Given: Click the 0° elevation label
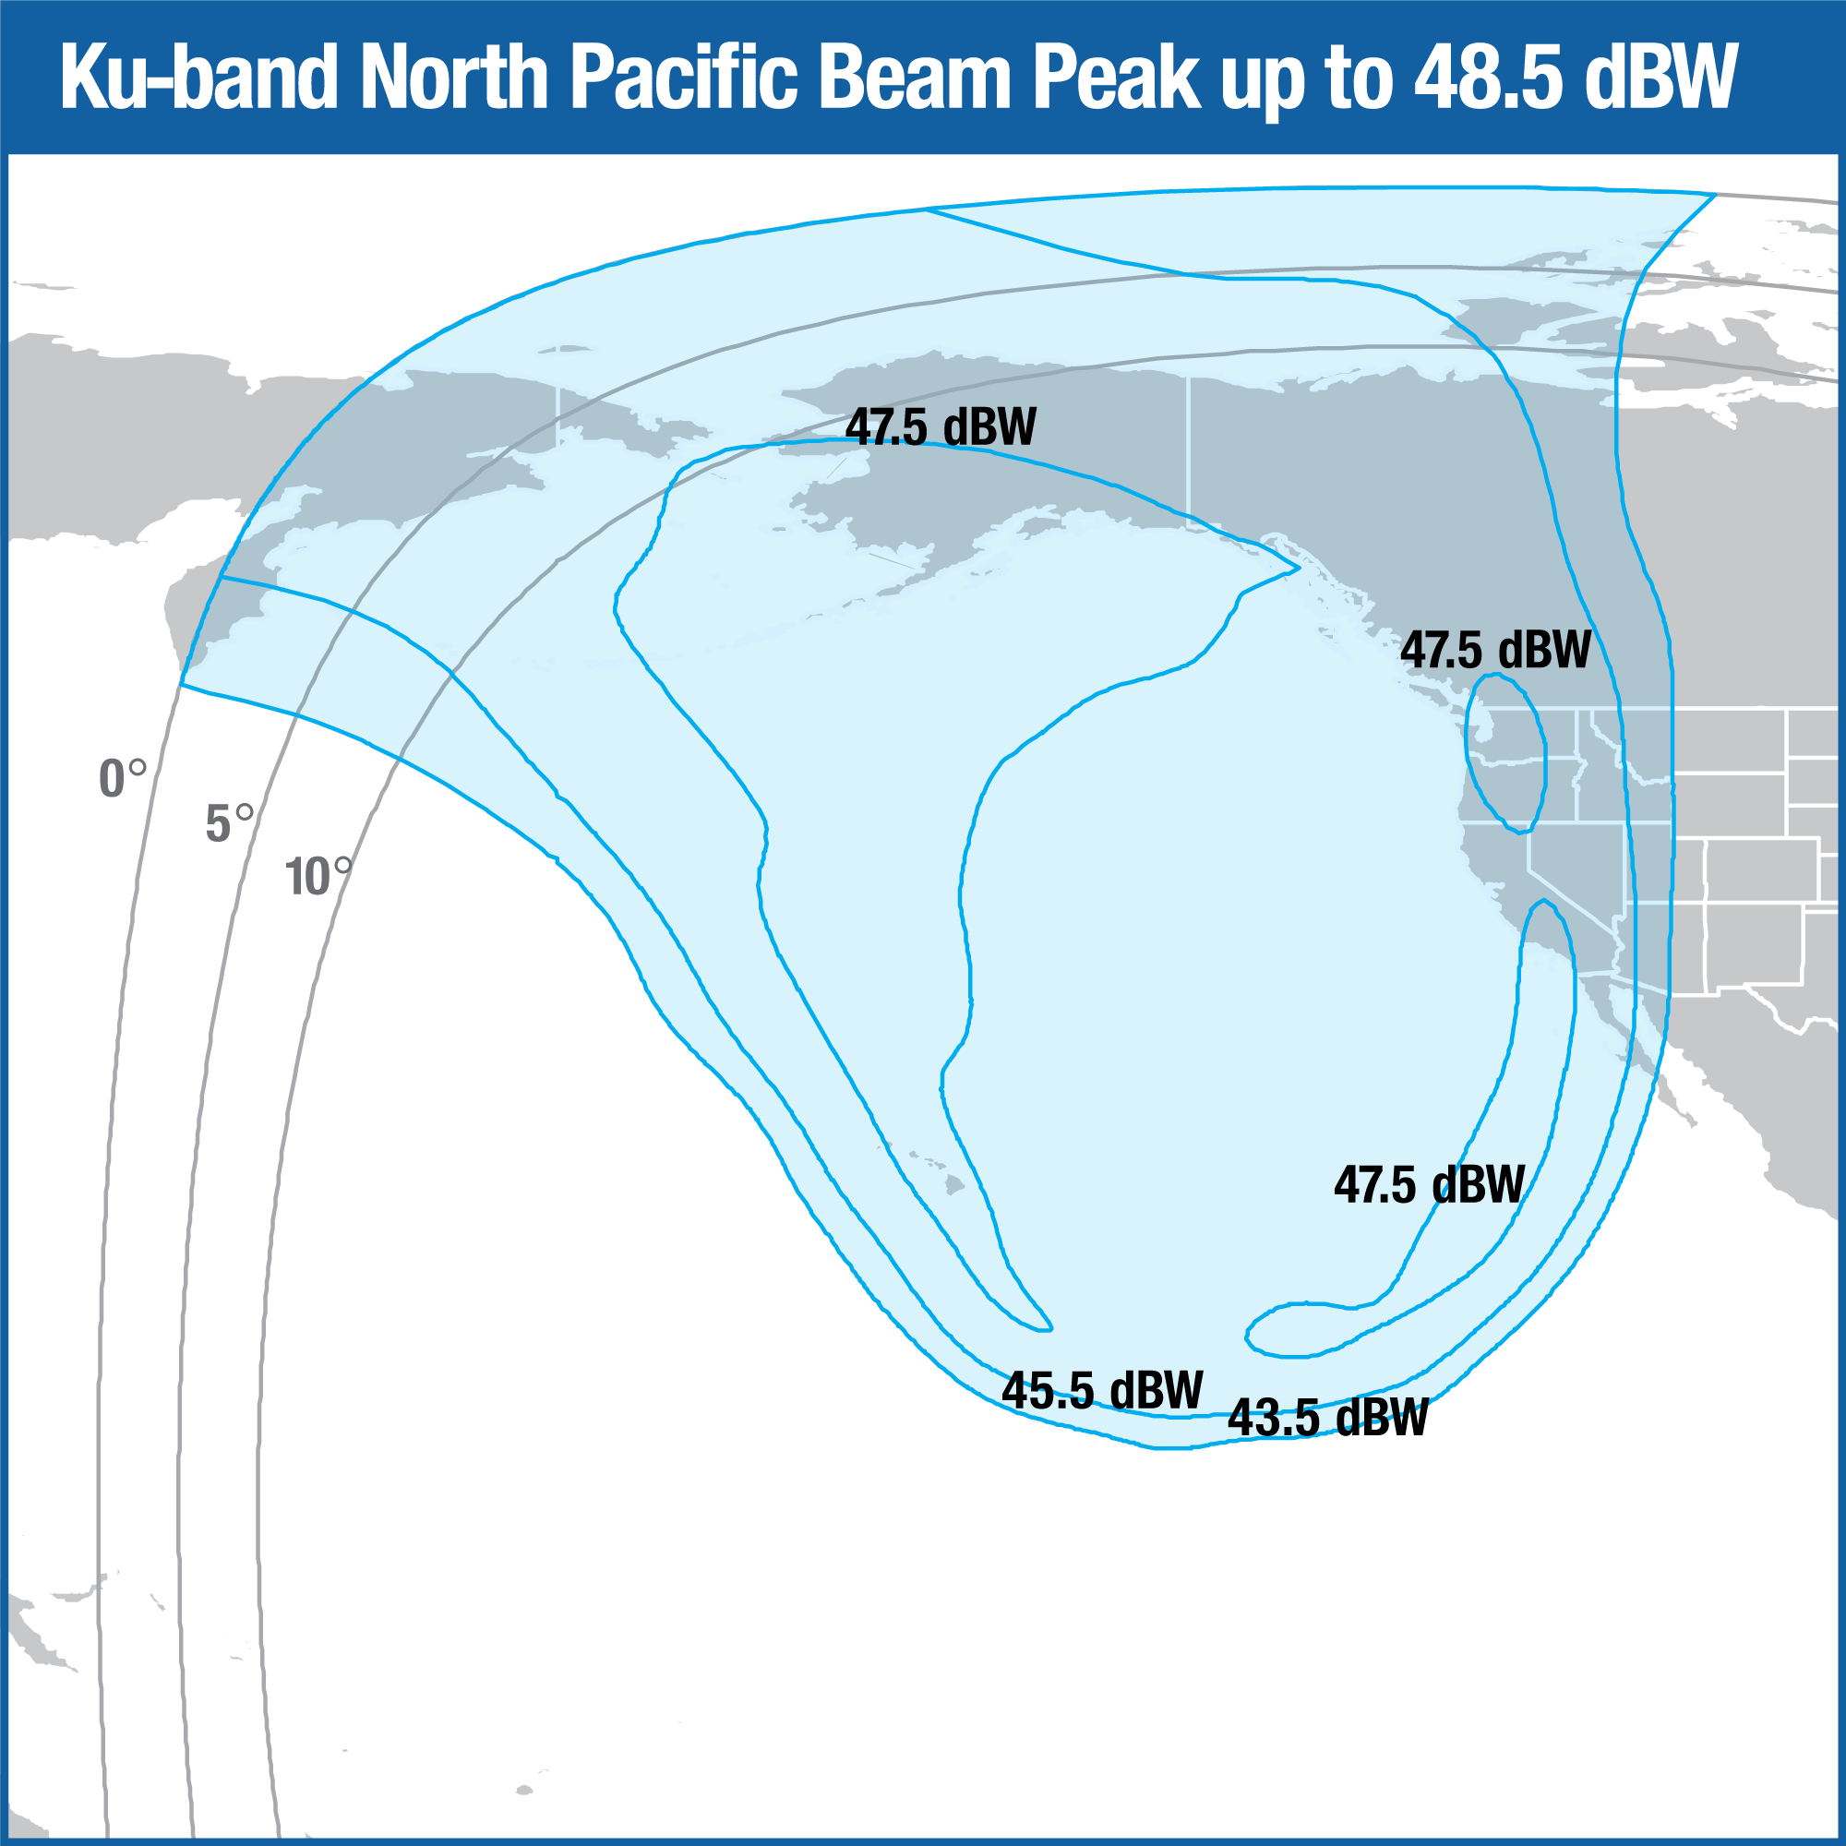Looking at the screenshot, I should [123, 779].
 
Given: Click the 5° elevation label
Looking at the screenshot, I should [229, 822].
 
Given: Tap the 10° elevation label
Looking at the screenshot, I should [318, 876].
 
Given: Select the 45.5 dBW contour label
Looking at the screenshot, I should [1102, 1390].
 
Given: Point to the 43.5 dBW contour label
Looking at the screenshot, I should [1327, 1417].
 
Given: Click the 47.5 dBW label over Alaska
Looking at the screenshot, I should [941, 427].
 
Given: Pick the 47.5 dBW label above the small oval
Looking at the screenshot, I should [1495, 651].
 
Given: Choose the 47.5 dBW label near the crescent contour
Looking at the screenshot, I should [1430, 1185].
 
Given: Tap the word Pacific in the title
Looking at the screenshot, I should [684, 79].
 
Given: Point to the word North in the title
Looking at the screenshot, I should [454, 79].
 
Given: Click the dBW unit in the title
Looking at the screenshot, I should [1658, 79].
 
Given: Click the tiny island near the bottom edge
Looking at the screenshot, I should [522, 1790].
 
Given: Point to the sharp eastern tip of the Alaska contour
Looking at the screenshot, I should [1298, 569].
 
